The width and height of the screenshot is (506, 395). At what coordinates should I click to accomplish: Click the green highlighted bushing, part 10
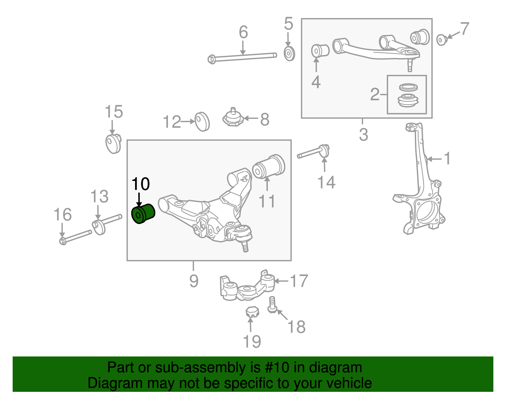143,214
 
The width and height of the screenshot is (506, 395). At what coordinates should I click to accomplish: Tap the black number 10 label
140,184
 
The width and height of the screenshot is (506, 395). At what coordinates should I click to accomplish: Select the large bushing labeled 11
269,167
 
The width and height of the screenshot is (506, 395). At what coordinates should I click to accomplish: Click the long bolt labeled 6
242,57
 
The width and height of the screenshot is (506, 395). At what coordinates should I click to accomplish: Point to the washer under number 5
289,54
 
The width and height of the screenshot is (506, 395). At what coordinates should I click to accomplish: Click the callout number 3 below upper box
363,135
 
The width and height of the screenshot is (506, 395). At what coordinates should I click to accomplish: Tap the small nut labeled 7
441,40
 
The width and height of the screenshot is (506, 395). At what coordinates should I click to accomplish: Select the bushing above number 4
320,51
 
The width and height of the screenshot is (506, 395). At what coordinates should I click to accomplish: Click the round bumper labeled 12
202,122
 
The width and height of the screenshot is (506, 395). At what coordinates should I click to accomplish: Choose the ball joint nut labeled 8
233,118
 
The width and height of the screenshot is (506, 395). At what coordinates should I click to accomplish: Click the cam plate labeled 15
113,144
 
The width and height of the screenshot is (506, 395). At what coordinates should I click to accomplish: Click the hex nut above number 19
252,312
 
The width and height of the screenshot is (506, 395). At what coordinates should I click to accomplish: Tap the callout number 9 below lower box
194,281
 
